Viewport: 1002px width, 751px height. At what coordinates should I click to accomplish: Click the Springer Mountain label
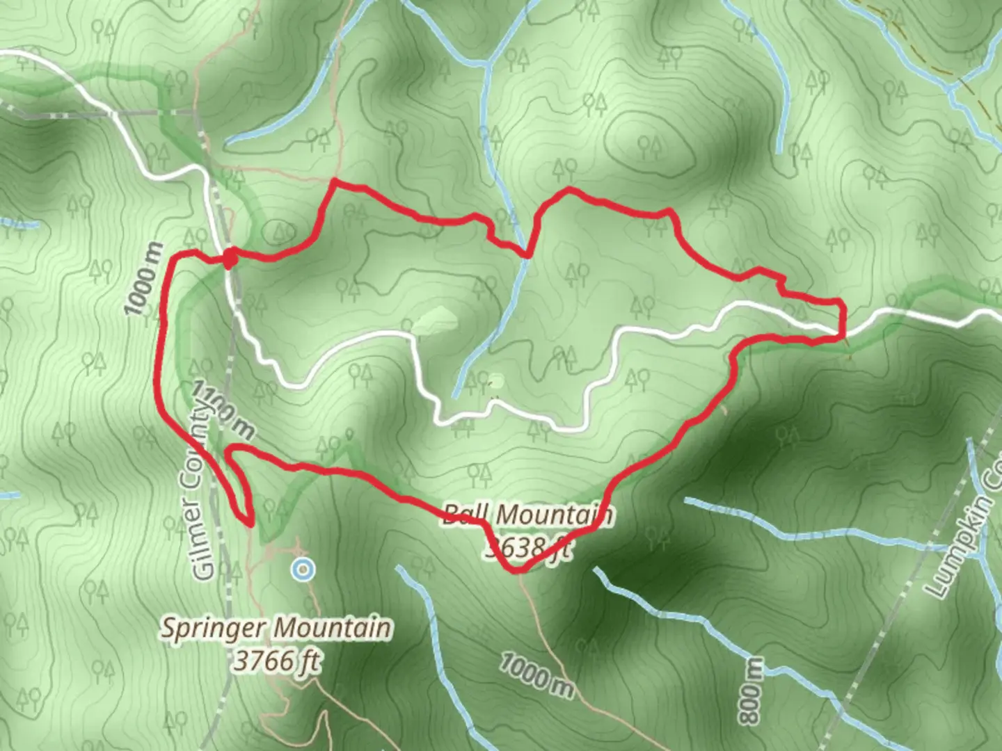tap(276, 628)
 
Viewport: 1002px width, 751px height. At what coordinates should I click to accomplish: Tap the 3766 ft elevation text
tap(276, 660)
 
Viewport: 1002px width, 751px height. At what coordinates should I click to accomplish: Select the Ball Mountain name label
tap(527, 515)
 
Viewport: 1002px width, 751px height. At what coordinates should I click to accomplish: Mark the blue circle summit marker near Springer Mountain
tap(303, 570)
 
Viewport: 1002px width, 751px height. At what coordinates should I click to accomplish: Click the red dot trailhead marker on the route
tap(229, 259)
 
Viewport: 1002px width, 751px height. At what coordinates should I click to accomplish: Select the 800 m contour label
tap(752, 691)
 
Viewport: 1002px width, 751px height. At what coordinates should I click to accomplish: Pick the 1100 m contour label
tap(223, 410)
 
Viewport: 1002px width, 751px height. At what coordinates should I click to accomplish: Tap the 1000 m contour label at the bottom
tap(536, 674)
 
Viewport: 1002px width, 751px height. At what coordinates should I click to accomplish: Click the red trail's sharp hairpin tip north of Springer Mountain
tap(248, 523)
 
